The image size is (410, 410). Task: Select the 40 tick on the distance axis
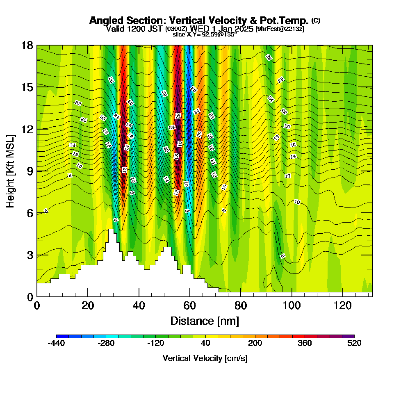tap(139, 305)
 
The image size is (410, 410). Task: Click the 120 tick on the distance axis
tap(343, 305)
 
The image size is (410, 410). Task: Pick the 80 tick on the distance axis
tap(241, 305)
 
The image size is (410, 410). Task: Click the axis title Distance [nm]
tap(205, 321)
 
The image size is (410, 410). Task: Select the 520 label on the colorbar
tap(354, 344)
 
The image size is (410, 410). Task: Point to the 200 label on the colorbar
tap(255, 344)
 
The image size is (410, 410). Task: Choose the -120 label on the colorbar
tap(155, 344)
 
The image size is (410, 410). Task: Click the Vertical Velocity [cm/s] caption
tap(205, 358)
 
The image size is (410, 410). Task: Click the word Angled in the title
tap(103, 20)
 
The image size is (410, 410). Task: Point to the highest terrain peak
tap(111, 230)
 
